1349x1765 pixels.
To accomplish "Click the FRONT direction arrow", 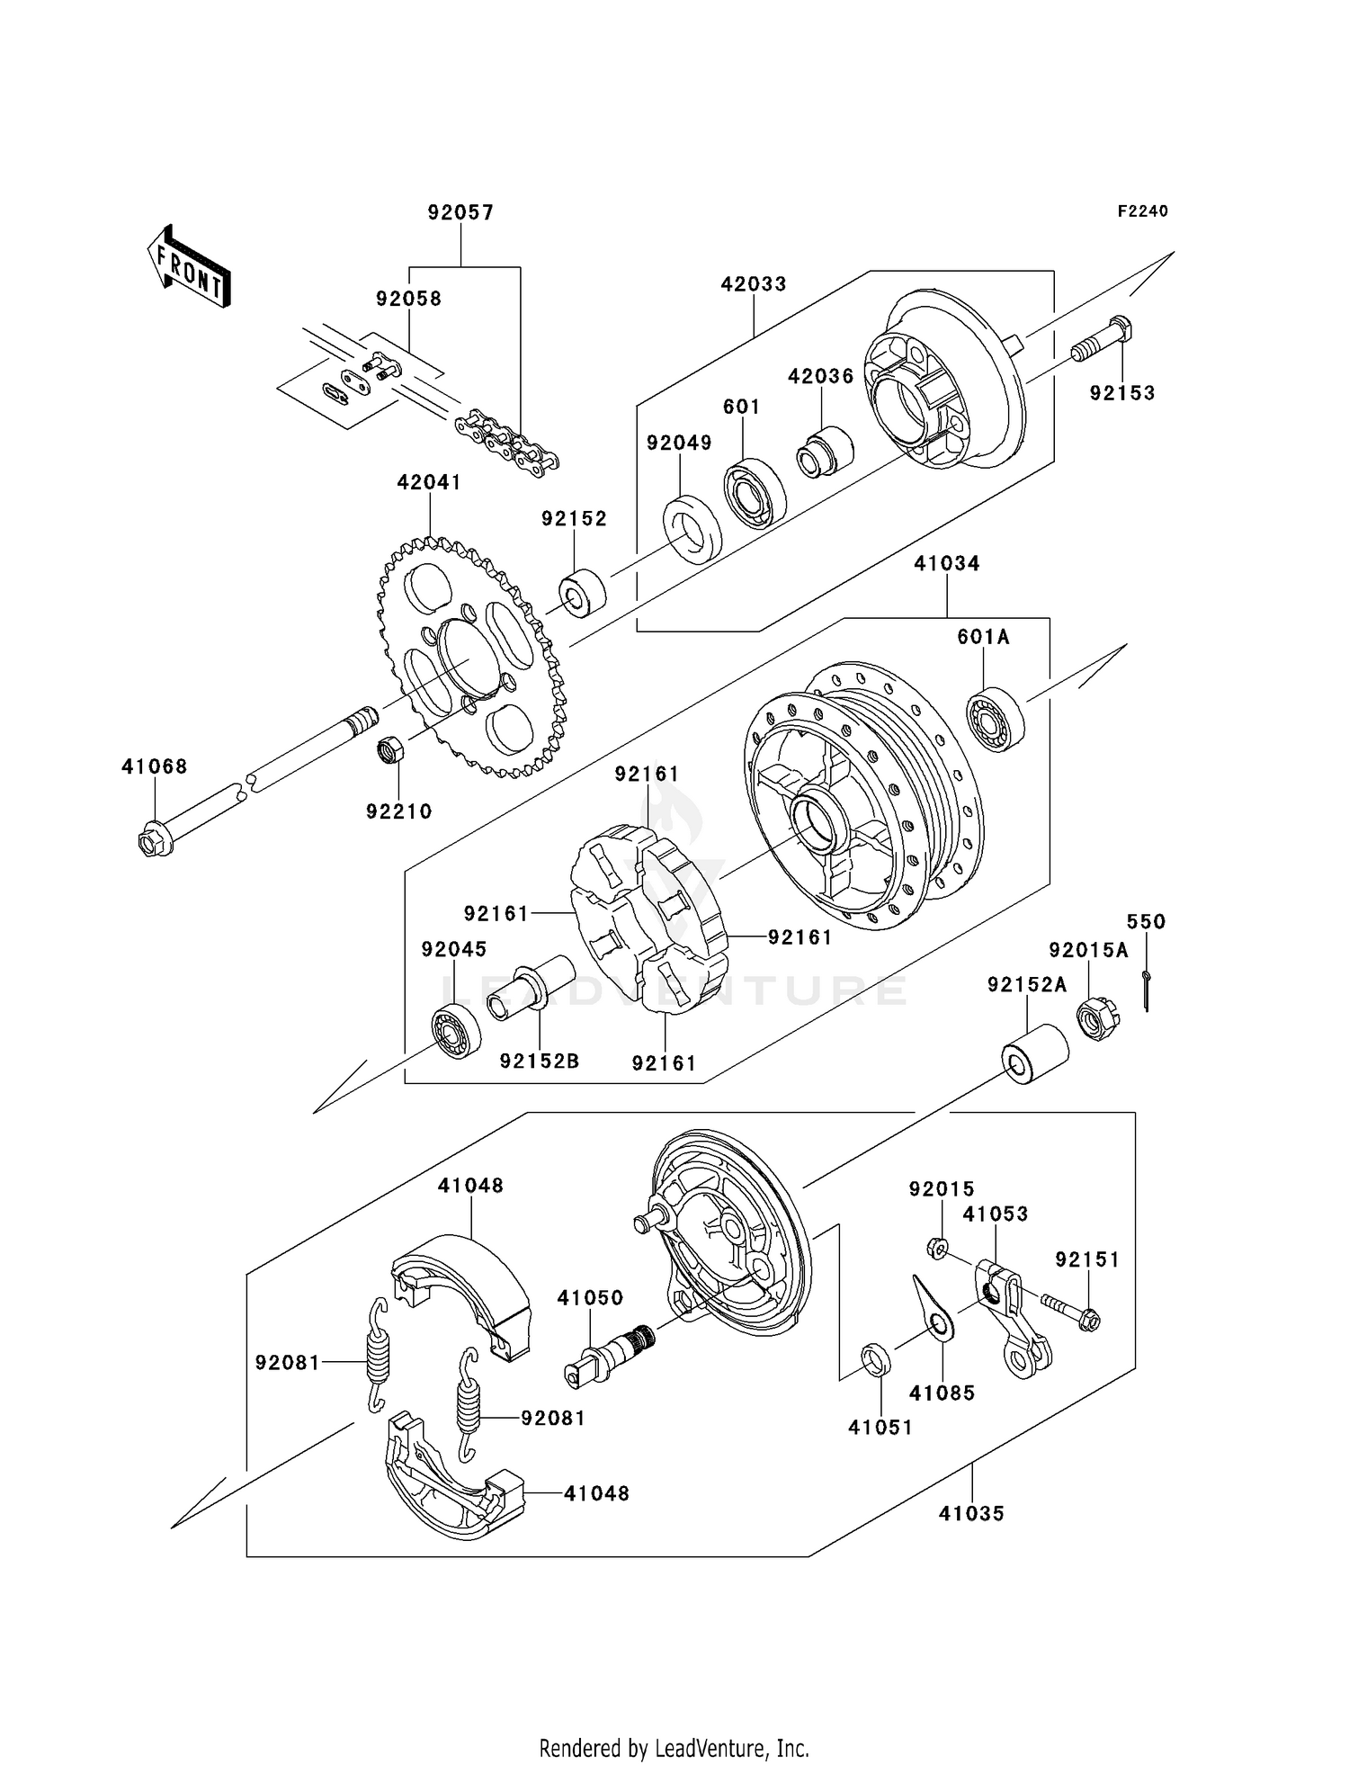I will [189, 267].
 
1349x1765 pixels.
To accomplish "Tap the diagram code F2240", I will [1142, 211].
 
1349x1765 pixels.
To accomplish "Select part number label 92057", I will [460, 213].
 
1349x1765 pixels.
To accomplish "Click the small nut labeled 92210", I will [389, 749].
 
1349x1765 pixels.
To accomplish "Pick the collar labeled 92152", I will [582, 593].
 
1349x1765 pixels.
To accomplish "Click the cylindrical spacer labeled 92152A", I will [1036, 1053].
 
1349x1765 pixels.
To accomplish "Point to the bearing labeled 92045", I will [456, 1033].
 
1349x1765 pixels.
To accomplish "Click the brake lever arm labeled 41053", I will [1012, 1318].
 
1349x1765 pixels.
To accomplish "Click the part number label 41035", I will [970, 1513].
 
